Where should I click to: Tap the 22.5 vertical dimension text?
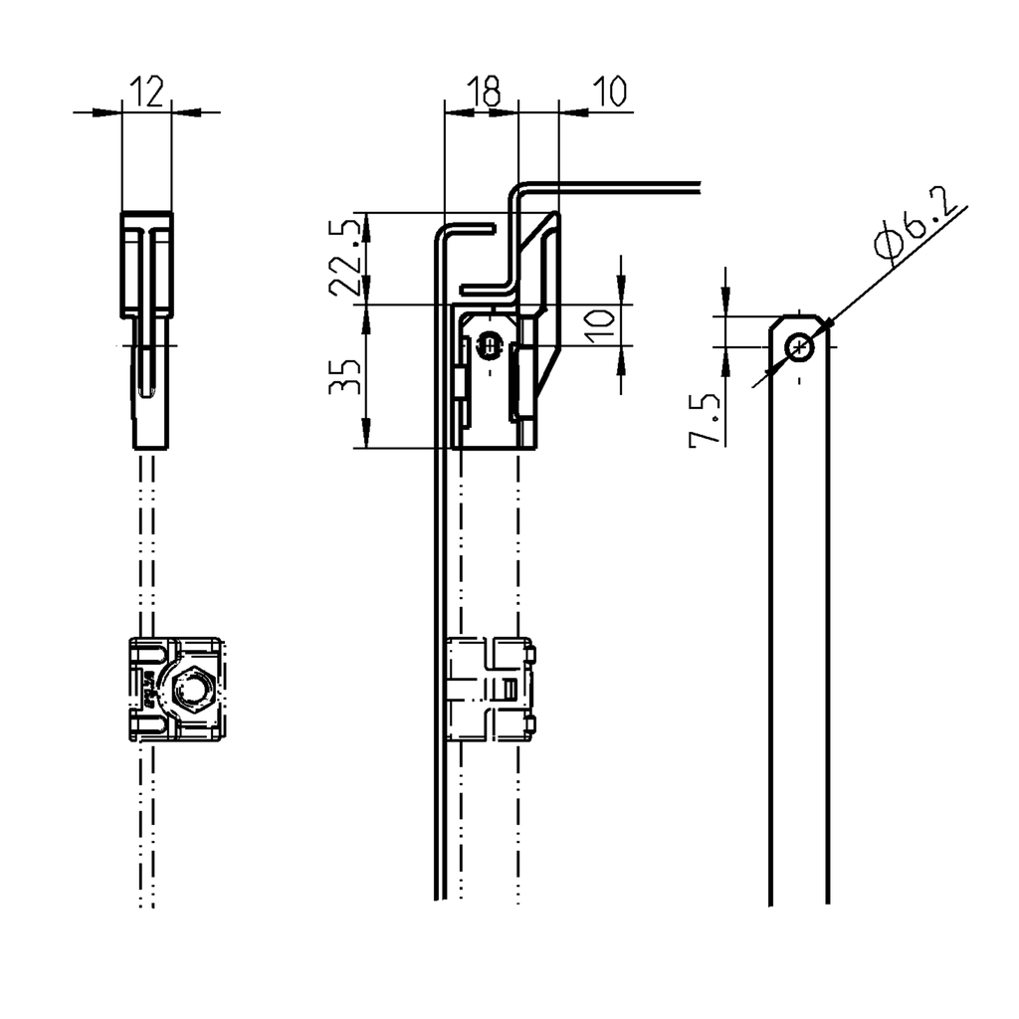pyautogui.click(x=344, y=257)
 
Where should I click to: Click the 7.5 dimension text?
pyautogui.click(x=704, y=420)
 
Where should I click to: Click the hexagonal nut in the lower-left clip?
pyautogui.click(x=192, y=690)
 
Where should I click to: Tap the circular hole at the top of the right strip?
pyautogui.click(x=799, y=347)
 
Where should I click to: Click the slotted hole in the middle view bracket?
pyautogui.click(x=489, y=346)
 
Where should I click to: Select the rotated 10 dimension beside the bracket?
pyautogui.click(x=598, y=325)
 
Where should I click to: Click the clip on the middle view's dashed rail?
pyautogui.click(x=492, y=690)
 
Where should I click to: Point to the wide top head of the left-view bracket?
pyautogui.click(x=146, y=263)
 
